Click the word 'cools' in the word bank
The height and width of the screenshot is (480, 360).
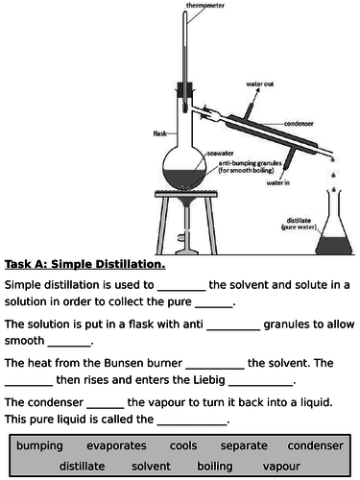[x=183, y=446]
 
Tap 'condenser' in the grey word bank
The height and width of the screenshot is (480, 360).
[x=315, y=446]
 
